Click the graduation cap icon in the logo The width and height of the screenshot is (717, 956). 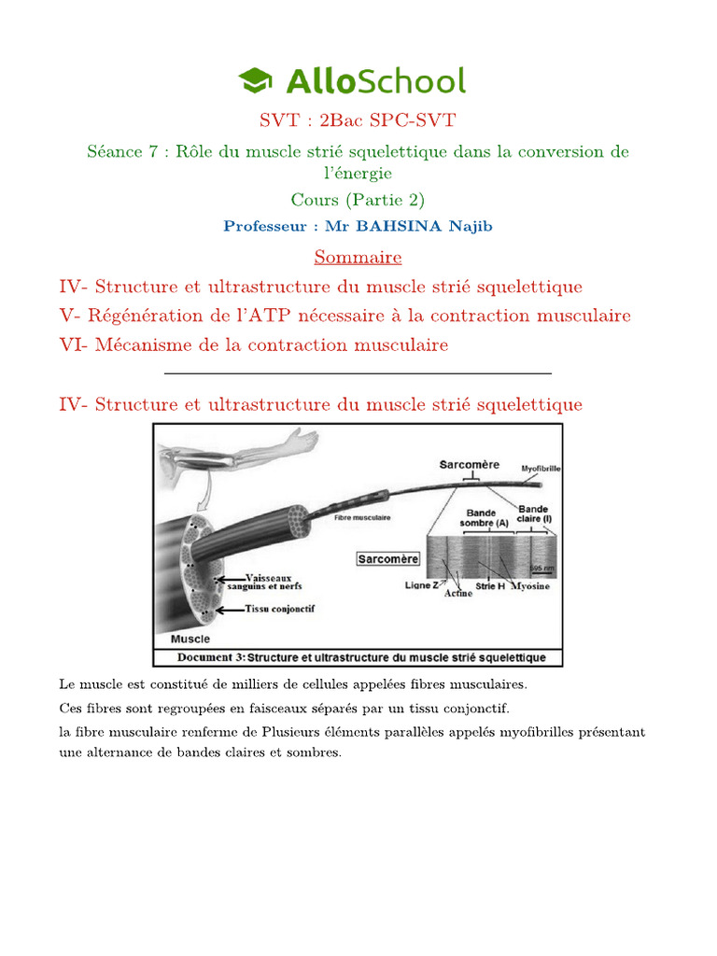(256, 81)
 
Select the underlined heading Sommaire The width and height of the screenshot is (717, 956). (358, 257)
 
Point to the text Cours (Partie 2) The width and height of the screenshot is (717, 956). (358, 200)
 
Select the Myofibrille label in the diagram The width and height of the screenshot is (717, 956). (541, 470)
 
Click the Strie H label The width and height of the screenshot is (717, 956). (490, 585)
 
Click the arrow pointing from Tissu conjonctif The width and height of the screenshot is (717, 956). (229, 611)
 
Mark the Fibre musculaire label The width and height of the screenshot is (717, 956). (362, 516)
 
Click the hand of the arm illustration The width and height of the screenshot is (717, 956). (302, 438)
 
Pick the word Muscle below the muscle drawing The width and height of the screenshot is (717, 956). (190, 640)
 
